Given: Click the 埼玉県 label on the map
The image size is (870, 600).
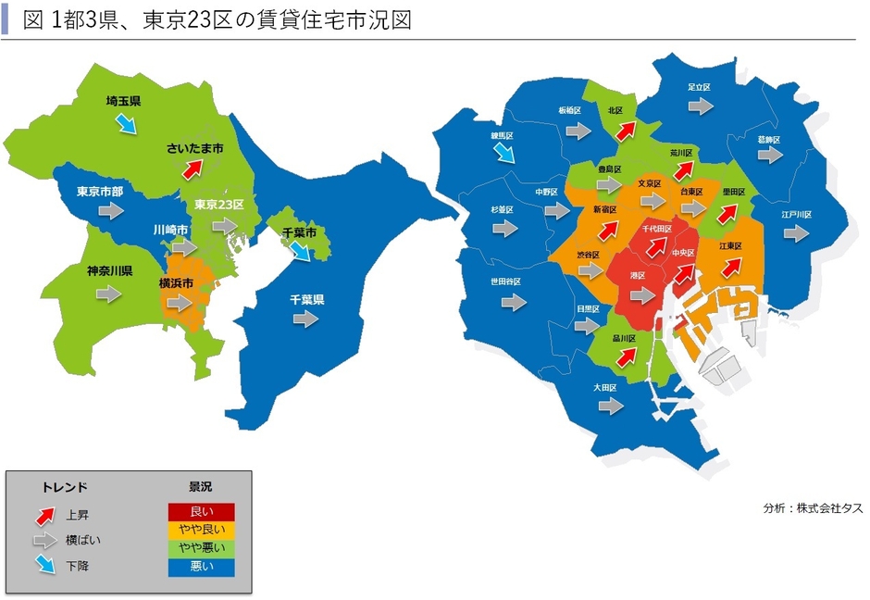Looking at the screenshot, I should coord(122,101).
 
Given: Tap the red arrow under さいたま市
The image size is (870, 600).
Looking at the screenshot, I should coord(192,169).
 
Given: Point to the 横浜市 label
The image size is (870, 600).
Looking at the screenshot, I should coord(176,282).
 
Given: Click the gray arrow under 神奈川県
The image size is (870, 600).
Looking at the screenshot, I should coord(108,294).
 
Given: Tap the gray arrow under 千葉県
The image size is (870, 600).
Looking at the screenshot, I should coord(304,319).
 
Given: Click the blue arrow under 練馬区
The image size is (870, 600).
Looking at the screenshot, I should coord(503,154).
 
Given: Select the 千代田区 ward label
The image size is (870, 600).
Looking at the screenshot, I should coord(656,228).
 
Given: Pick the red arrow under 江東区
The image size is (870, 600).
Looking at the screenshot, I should coord(731,267).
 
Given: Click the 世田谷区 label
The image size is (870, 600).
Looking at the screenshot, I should coord(505,281).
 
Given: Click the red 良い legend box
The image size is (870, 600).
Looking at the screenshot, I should coord(201,512).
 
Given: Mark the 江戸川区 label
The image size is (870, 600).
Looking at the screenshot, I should coord(795,215).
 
